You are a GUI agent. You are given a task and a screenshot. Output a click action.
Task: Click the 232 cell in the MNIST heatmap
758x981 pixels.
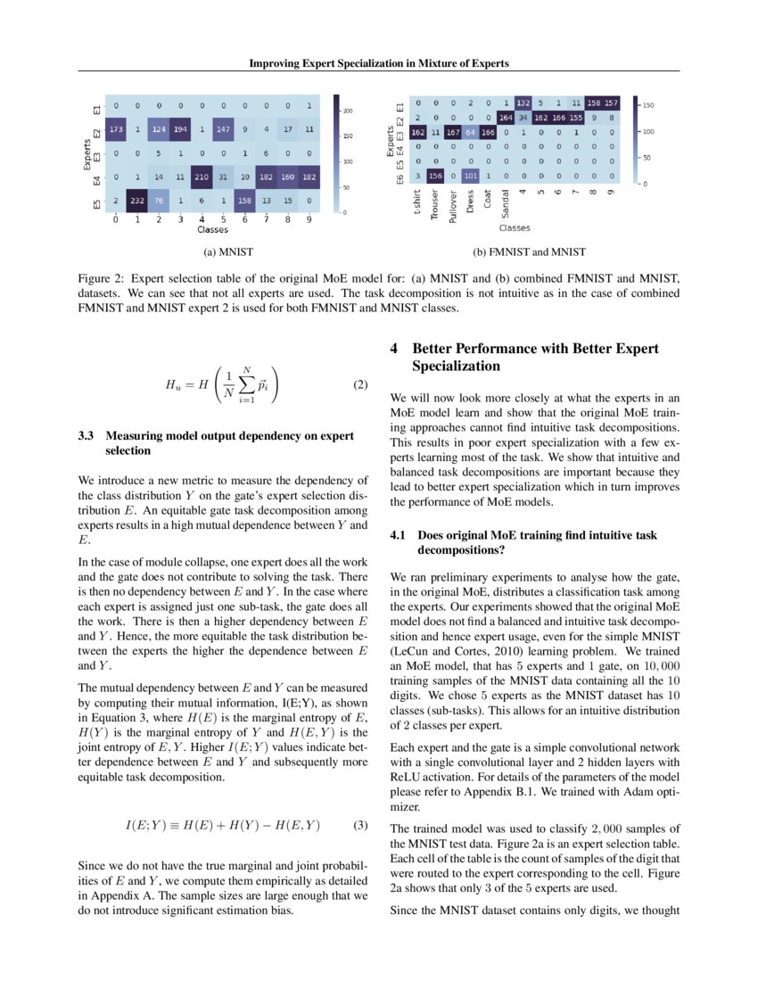pyautogui.click(x=136, y=201)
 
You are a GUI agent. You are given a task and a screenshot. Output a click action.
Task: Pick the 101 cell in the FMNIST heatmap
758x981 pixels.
pyautogui.click(x=472, y=176)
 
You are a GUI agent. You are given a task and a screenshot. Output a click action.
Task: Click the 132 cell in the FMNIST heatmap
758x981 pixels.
pyautogui.click(x=523, y=103)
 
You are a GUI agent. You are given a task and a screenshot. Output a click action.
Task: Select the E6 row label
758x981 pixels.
pyautogui.click(x=400, y=176)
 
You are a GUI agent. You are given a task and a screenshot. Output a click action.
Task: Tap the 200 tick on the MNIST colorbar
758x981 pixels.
pyautogui.click(x=349, y=111)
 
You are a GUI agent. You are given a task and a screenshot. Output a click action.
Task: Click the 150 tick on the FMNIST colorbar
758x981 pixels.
pyautogui.click(x=649, y=105)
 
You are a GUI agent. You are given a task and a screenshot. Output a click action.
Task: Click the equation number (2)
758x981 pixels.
pyautogui.click(x=360, y=385)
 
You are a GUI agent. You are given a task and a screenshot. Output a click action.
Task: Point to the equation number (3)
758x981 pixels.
pyautogui.click(x=360, y=825)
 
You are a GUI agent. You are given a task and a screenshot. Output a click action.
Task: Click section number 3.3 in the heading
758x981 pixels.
pyautogui.click(x=87, y=436)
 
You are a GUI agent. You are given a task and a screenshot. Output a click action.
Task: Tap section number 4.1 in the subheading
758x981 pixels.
pyautogui.click(x=400, y=535)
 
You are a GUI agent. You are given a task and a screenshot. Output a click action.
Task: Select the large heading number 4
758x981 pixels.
pyautogui.click(x=394, y=350)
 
